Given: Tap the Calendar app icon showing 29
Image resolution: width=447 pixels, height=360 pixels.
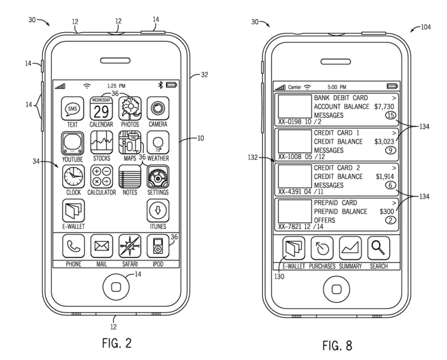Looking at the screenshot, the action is point(101,108).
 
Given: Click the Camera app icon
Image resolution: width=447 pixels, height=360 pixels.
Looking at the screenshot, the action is point(158,108).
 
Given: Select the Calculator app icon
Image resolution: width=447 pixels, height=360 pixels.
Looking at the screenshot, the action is point(101,176).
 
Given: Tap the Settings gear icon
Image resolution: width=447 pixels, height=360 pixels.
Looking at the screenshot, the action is point(158,176).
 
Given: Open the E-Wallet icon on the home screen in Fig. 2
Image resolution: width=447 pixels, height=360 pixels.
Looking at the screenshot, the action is point(73,210).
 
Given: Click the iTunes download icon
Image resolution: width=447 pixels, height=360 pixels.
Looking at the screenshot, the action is point(158,210).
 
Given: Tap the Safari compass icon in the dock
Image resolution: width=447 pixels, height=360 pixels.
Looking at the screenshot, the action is point(130,246).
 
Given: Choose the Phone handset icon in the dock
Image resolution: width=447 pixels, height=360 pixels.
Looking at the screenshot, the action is point(73,246).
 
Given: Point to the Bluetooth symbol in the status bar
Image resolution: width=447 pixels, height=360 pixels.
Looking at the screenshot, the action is point(160,85).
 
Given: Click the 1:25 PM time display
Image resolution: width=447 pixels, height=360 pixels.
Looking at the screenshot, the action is point(116,86).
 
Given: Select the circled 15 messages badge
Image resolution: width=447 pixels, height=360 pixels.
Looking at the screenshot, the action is point(390,116).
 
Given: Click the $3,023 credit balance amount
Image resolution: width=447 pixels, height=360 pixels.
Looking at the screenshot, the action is point(384,142).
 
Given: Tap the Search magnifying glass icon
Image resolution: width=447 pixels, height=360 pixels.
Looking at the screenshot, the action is point(378,248).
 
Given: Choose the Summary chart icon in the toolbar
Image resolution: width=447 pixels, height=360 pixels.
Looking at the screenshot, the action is point(350,248).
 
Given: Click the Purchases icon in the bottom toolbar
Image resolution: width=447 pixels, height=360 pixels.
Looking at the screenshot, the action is point(322,248).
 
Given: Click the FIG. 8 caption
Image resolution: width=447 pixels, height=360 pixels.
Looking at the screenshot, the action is point(337,346).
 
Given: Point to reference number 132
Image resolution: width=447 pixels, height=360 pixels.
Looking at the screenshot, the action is point(253,157).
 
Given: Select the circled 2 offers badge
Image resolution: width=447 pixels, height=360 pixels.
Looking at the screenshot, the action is point(390,220).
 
